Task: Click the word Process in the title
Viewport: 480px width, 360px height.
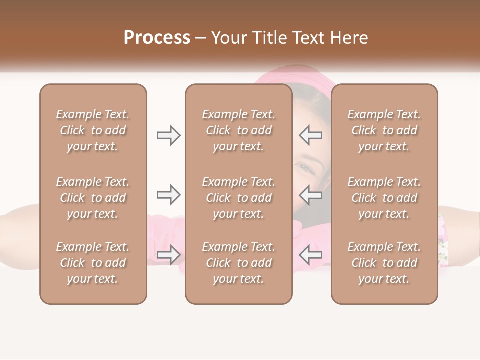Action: (157, 38)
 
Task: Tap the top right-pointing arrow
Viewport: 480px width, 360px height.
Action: (169, 135)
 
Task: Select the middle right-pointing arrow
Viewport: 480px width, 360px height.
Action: (169, 195)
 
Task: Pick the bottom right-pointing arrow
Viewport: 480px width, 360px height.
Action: (169, 255)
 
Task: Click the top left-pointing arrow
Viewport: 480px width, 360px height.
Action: (310, 135)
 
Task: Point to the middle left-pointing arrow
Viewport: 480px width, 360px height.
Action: (310, 195)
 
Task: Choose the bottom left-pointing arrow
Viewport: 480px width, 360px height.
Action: (310, 255)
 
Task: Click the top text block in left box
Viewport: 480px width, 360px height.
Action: (93, 130)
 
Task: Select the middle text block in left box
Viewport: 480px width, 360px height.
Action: (93, 198)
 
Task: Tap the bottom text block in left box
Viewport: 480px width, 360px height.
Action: (93, 263)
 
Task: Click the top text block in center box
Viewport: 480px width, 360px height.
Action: (238, 130)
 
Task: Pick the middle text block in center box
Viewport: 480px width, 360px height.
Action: (238, 198)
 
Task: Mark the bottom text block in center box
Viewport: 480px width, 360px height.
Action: (238, 263)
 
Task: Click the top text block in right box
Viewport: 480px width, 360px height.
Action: (384, 130)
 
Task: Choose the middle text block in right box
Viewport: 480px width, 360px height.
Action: (384, 198)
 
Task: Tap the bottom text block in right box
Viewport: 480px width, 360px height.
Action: (384, 263)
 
